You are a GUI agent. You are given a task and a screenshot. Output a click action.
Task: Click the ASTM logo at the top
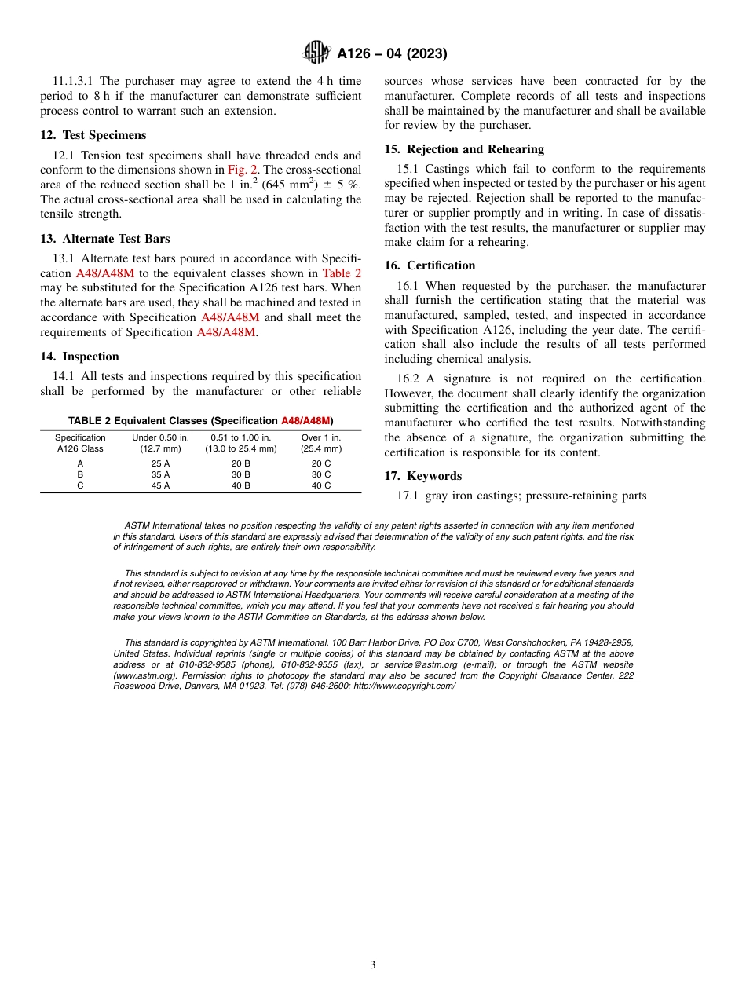316,53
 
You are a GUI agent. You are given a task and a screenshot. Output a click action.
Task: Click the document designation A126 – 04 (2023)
392,54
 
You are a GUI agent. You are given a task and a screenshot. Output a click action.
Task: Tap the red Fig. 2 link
243,170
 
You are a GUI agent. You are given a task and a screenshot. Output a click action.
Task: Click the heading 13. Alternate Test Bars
105,239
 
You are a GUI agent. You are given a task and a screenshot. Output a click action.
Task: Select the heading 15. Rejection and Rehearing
464,149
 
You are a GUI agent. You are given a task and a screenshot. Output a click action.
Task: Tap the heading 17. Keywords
422,476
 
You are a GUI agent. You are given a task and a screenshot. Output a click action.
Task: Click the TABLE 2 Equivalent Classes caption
200,421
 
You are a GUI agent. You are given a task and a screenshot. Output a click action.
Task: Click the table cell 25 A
160,463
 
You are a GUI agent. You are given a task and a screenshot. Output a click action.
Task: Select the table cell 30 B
240,474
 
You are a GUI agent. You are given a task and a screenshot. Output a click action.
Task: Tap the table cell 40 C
321,485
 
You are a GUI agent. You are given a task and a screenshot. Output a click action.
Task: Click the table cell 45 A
160,485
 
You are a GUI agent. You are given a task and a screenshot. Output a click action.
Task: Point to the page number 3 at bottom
373,965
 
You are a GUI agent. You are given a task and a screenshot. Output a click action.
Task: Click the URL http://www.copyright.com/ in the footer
404,686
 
